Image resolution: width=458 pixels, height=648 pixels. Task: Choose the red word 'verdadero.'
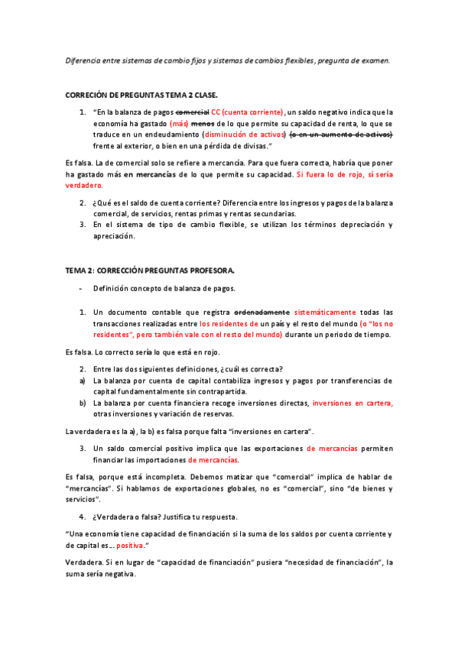click(x=83, y=186)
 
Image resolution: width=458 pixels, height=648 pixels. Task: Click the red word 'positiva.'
click(x=124, y=547)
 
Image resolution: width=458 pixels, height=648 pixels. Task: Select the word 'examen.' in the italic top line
click(x=374, y=61)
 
